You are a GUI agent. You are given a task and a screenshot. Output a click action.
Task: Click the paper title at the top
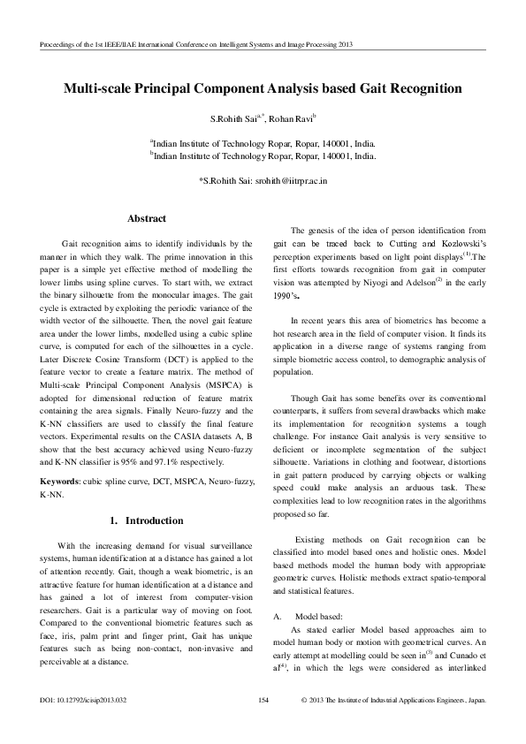263,88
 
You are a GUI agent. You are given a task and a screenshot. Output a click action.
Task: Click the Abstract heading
147,217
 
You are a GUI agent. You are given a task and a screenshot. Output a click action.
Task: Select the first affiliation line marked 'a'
263,141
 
